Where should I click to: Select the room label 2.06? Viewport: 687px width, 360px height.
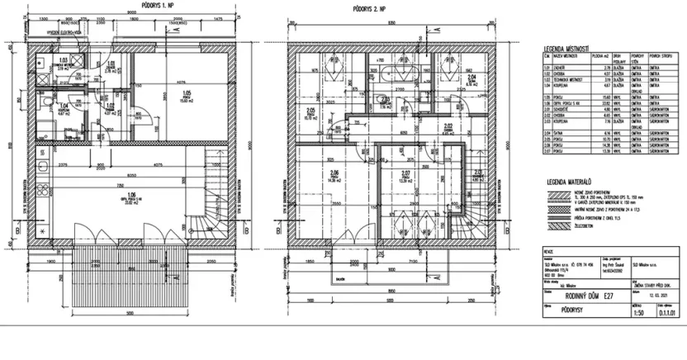pyautogui.click(x=334, y=173)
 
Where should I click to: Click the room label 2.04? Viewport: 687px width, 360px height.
pyautogui.click(x=470, y=76)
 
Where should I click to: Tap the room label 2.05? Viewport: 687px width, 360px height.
pyautogui.click(x=311, y=111)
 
